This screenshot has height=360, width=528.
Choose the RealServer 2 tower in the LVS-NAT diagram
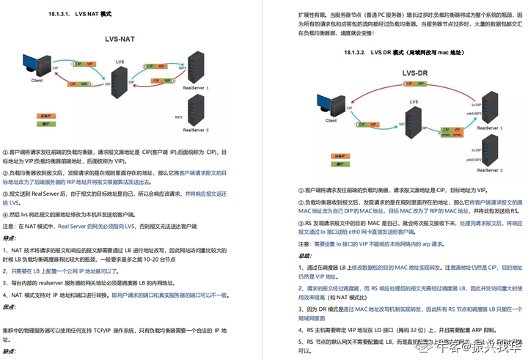196,113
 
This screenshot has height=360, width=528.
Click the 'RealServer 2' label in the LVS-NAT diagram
197,131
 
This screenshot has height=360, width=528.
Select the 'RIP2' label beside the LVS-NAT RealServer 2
177,117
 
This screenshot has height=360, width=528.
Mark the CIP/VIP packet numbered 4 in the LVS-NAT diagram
81,84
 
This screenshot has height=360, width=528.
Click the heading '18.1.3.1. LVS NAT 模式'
79,14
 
